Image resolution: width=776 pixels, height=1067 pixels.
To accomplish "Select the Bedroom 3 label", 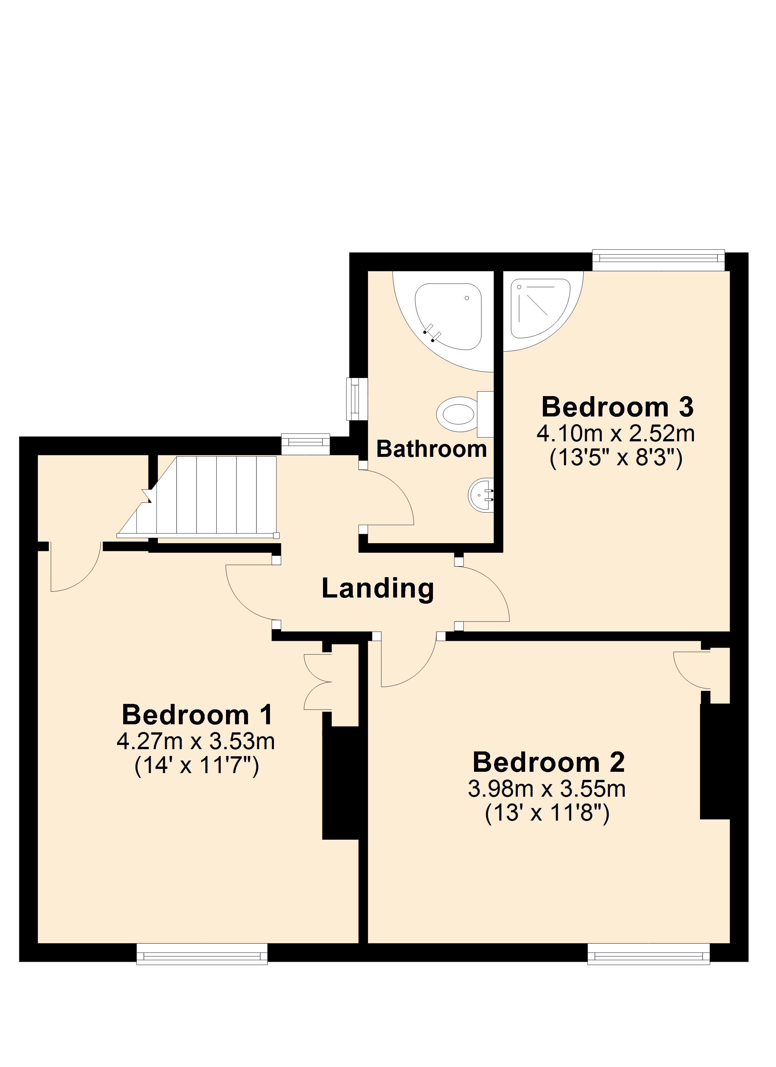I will (618, 407).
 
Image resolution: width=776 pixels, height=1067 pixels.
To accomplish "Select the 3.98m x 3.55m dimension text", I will (547, 789).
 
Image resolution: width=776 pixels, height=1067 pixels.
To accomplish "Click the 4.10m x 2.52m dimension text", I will (616, 434).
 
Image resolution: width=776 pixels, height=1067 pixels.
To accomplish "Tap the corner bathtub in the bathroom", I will (448, 316).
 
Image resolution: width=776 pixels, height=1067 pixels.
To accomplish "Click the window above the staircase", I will (306, 445).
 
